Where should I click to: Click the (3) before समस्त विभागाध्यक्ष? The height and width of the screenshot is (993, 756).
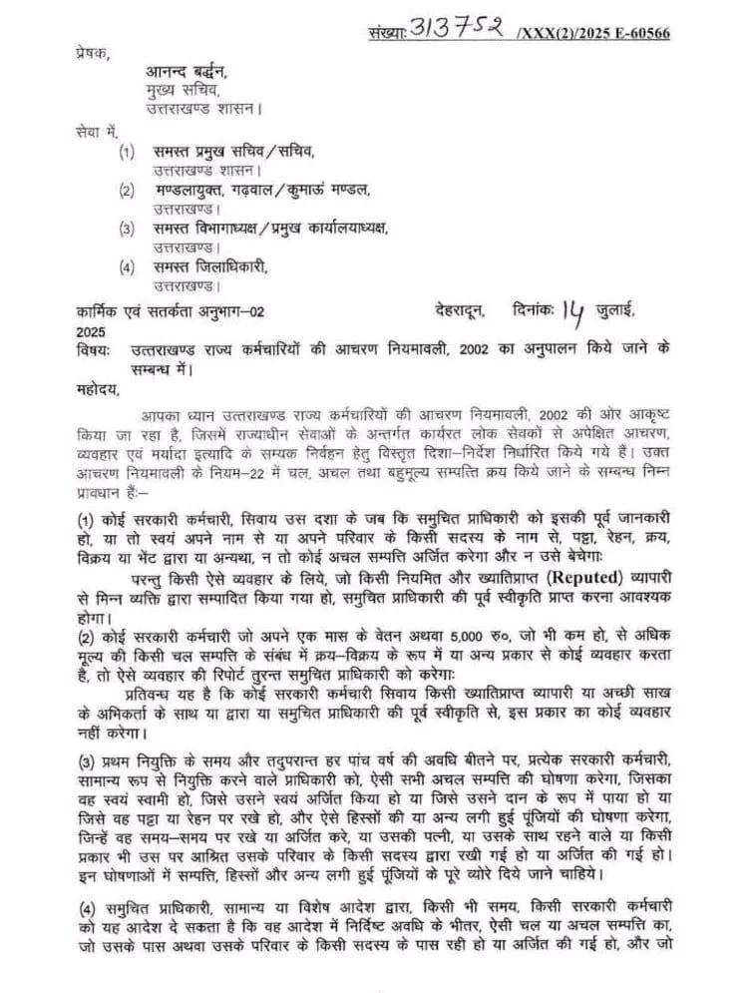click(127, 229)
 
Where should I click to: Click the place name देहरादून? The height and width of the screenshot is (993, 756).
click(460, 311)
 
